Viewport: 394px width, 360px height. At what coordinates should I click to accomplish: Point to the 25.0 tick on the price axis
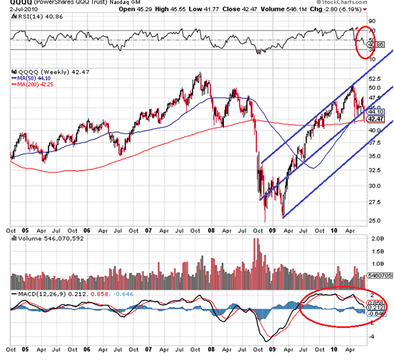pyautogui.click(x=374, y=220)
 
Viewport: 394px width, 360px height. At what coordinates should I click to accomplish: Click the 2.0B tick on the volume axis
pyautogui.click(x=375, y=238)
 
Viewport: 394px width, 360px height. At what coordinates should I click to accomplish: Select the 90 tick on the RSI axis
pyautogui.click(x=371, y=21)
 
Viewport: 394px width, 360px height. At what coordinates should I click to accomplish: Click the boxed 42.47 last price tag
pyautogui.click(x=374, y=119)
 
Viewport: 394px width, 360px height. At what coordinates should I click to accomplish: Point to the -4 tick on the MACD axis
pyautogui.click(x=372, y=336)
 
